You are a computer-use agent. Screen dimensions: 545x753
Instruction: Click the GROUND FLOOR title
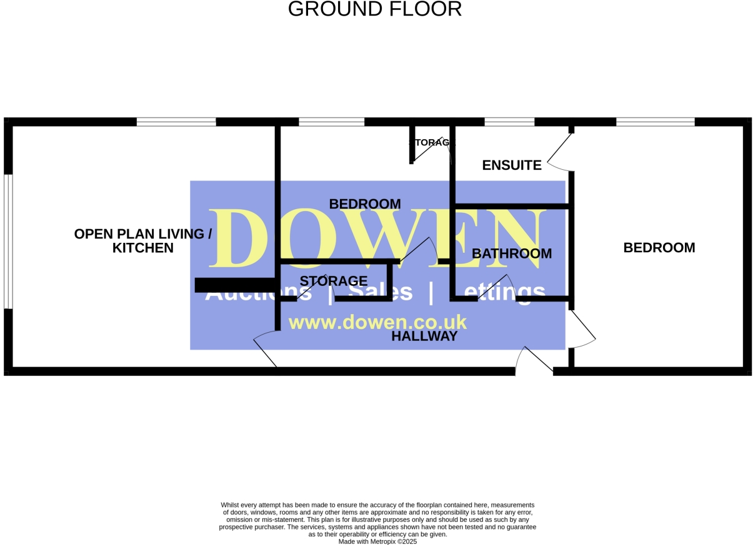[375, 9]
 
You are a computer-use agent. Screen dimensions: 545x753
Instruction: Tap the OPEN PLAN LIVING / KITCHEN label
[143, 241]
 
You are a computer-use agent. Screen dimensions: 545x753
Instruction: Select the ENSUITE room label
[512, 165]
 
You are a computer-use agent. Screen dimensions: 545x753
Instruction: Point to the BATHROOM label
[512, 253]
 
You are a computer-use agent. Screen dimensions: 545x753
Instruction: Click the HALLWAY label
[424, 336]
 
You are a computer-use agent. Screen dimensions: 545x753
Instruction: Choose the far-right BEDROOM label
[659, 248]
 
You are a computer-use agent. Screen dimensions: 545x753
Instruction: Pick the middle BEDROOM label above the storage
[365, 204]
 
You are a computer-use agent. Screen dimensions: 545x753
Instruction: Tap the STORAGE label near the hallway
[334, 281]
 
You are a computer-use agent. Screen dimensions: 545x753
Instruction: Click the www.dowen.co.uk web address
[377, 322]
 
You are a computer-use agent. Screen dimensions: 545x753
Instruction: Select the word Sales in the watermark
[381, 292]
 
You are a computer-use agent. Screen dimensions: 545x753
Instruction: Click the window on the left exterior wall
[8, 241]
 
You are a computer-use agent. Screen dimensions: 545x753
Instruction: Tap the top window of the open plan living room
[176, 122]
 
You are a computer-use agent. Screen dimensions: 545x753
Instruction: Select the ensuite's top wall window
[509, 122]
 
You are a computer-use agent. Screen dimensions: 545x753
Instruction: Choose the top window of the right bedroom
[655, 122]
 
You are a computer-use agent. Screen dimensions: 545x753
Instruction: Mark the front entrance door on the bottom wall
[534, 362]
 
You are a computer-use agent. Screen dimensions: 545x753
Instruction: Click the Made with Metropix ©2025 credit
[377, 542]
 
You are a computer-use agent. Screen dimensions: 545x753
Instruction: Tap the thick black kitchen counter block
[235, 285]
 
